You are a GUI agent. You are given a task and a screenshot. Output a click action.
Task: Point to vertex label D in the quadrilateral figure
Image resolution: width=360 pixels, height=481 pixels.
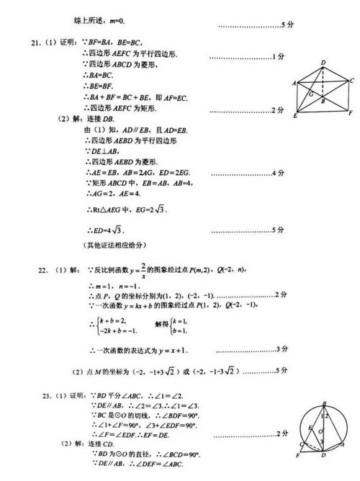pos(323,63)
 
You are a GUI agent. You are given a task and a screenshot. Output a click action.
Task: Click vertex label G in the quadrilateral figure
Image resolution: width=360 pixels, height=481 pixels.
pos(311,94)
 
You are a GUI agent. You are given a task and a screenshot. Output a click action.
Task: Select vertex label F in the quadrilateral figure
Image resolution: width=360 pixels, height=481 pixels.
pos(350,114)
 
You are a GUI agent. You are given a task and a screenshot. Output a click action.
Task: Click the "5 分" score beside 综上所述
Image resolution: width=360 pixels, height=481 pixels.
pos(287,24)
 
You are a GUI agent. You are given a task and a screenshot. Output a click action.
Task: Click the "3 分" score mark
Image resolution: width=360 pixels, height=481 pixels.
pos(282,350)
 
